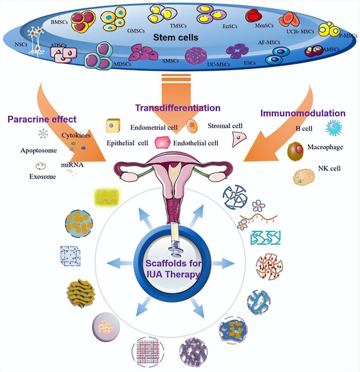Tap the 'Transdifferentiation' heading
[x=177, y=108]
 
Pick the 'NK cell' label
[x=329, y=168]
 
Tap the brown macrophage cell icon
[x=295, y=151]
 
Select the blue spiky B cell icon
[x=333, y=127]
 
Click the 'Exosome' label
[x=43, y=177]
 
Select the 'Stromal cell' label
[x=225, y=126]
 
